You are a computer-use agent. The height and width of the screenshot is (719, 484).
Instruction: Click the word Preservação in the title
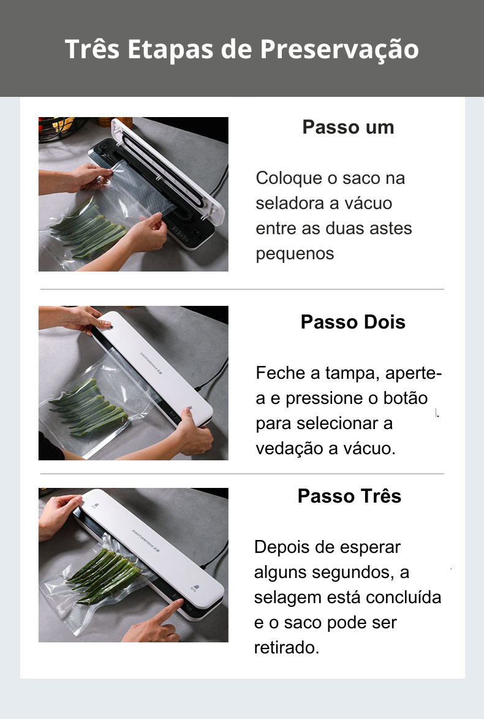click(339, 50)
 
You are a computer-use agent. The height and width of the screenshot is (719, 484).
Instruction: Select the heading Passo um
click(349, 127)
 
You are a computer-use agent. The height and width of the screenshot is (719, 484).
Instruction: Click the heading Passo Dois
click(353, 322)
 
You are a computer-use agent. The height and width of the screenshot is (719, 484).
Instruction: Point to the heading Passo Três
click(349, 496)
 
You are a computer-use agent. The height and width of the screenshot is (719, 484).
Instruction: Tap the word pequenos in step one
click(295, 254)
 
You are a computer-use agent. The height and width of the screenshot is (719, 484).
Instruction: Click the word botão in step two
click(405, 398)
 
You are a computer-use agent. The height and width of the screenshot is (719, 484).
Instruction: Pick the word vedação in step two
click(287, 449)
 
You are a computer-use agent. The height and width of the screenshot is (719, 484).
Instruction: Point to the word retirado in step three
click(287, 648)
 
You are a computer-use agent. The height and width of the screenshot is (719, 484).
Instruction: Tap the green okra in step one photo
click(88, 229)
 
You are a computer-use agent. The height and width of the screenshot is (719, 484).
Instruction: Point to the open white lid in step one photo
click(168, 170)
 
